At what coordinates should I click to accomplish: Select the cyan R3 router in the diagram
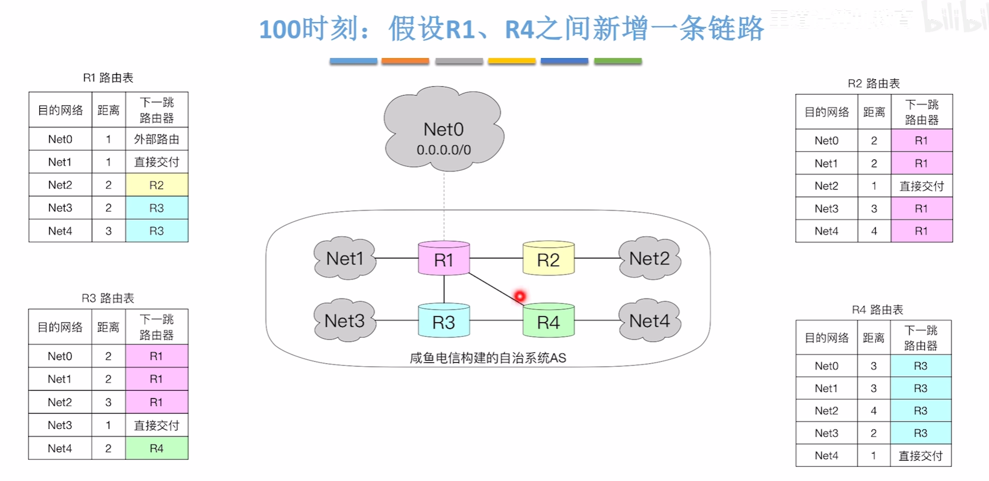coord(443,321)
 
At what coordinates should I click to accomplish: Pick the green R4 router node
coord(548,321)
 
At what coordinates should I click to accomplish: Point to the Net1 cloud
coord(344,259)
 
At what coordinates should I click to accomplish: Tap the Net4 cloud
coord(649,320)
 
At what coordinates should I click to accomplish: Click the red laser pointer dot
coord(520,296)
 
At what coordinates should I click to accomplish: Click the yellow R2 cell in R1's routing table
coord(156,185)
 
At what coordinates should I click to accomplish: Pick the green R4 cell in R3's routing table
coord(156,448)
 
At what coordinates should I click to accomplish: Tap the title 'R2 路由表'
coord(873,84)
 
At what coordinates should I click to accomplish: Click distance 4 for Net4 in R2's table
coord(874,231)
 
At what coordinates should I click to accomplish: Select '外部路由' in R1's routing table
coord(156,139)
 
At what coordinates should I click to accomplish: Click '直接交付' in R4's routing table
coord(920,456)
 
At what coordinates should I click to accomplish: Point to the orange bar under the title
coord(404,61)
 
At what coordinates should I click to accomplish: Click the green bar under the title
coord(617,61)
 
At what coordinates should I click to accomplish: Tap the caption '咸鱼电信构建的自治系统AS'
coord(488,358)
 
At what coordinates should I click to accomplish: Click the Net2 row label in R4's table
coord(826,411)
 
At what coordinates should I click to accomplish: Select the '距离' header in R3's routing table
coord(108,327)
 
